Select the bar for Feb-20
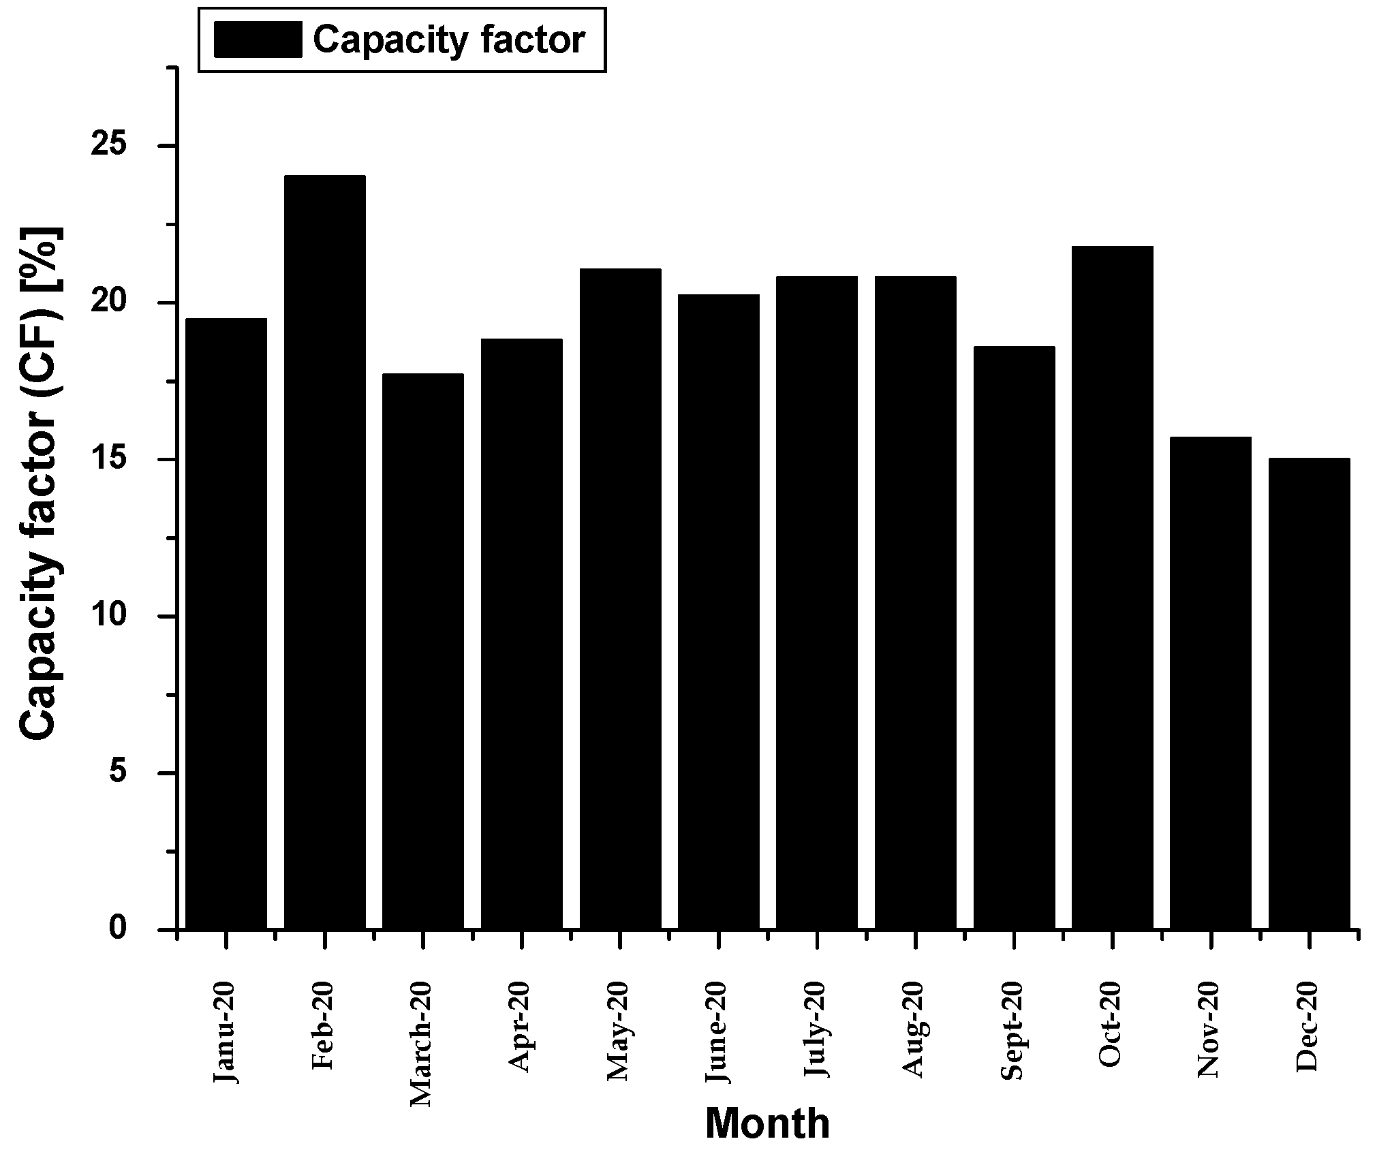click(x=324, y=552)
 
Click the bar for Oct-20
click(x=1112, y=587)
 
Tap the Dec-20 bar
click(x=1309, y=694)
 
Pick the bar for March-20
click(x=422, y=651)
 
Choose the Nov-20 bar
click(x=1210, y=683)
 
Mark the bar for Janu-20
click(x=226, y=623)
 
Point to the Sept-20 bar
click(x=1014, y=638)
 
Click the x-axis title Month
click(x=767, y=1123)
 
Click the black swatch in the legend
click(x=258, y=40)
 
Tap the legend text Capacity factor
click(x=448, y=40)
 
